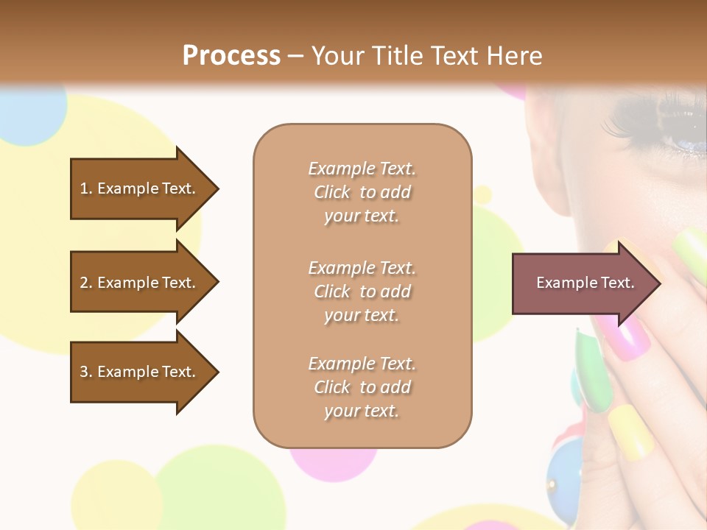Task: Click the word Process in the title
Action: (x=231, y=56)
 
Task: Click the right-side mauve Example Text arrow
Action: (x=585, y=283)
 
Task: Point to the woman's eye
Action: (x=681, y=136)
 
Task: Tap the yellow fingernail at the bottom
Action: (x=632, y=431)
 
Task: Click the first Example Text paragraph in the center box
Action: (x=362, y=192)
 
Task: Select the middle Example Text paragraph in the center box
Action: (x=362, y=291)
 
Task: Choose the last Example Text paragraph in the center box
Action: (x=362, y=387)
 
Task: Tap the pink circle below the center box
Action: (x=331, y=460)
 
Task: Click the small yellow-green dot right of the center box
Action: (x=482, y=194)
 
